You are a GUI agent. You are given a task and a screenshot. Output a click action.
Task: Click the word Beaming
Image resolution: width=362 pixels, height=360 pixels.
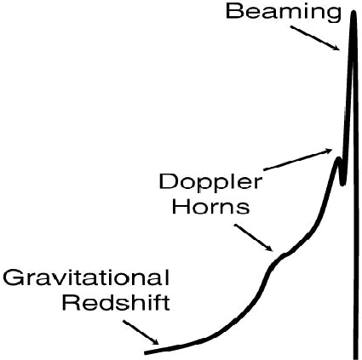click(283, 13)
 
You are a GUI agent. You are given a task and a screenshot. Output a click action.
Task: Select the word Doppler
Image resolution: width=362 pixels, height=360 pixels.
click(210, 183)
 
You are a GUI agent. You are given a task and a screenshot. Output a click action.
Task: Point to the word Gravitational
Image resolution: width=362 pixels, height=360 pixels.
click(86, 278)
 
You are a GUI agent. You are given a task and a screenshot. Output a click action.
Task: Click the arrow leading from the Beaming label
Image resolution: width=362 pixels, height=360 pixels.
click(314, 38)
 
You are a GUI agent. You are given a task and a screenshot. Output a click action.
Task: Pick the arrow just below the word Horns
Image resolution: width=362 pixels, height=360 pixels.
click(253, 237)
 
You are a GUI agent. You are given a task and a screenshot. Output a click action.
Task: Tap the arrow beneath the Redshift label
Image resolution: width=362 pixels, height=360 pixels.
click(141, 332)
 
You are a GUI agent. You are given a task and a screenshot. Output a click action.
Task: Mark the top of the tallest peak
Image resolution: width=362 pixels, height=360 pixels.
click(353, 12)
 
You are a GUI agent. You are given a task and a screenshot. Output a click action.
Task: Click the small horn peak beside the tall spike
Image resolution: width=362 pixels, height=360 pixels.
click(338, 158)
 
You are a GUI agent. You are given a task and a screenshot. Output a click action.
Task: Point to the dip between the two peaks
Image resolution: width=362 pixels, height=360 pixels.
click(342, 184)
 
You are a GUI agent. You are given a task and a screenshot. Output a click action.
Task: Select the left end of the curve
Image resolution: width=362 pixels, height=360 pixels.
click(146, 352)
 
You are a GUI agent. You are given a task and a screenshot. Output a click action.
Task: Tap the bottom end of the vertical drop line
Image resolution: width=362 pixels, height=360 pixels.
click(356, 357)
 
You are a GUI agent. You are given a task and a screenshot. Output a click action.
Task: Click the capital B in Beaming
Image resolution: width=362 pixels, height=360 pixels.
click(234, 12)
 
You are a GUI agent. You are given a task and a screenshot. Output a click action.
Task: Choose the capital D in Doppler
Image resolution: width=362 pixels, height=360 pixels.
click(169, 181)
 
